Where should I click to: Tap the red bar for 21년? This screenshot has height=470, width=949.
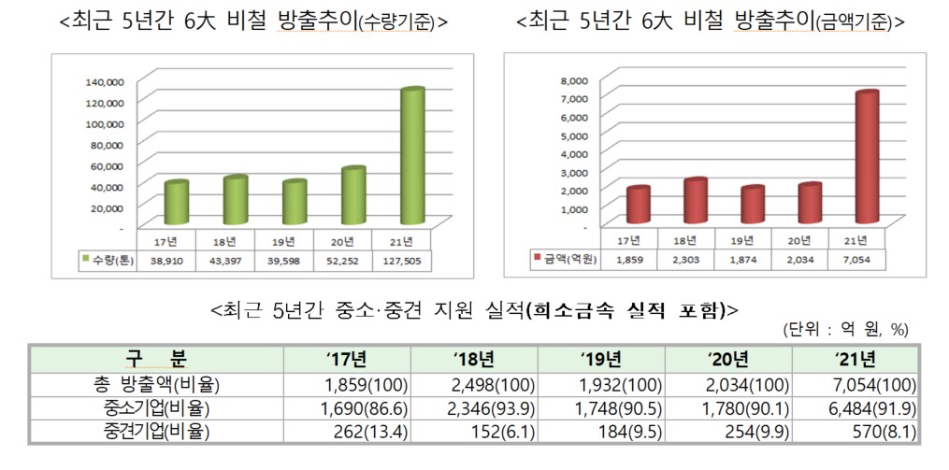click(x=868, y=158)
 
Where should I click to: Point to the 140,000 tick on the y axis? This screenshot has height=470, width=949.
click(x=105, y=81)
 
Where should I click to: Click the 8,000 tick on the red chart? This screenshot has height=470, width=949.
click(x=572, y=80)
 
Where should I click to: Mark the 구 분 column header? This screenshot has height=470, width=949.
click(x=156, y=359)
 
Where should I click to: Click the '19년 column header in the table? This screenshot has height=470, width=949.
click(x=599, y=359)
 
